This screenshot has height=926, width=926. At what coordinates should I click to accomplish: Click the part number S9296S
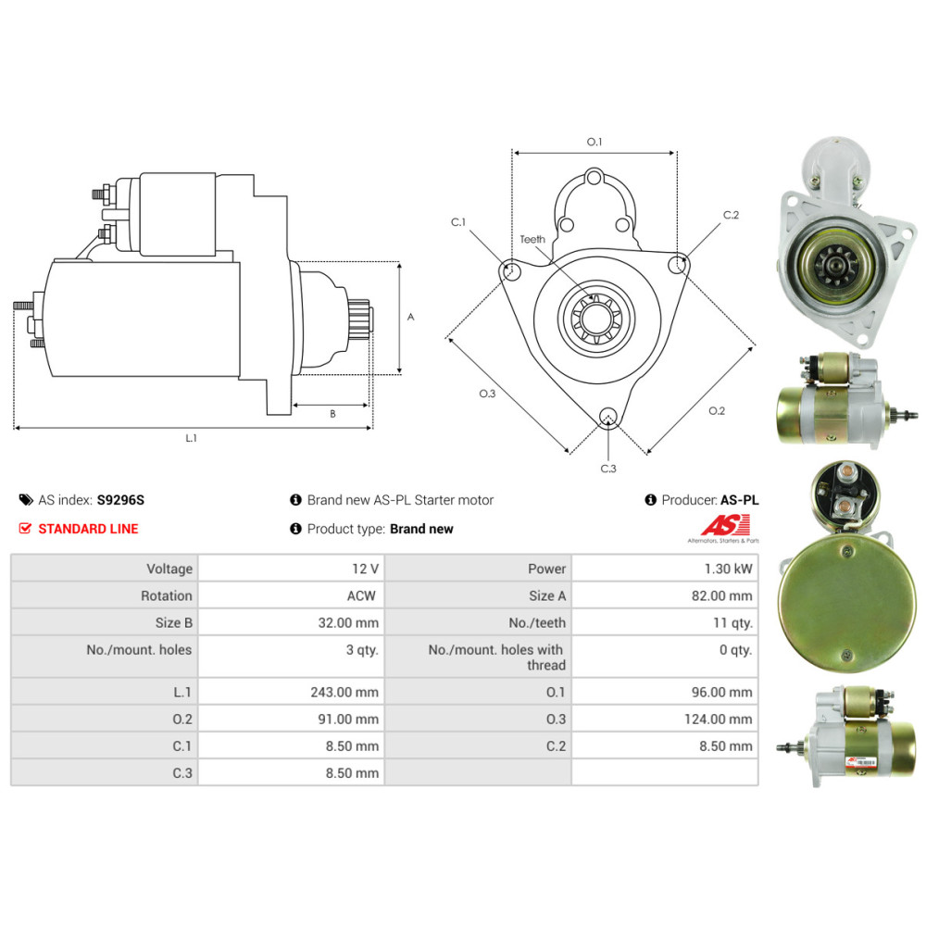coord(120,500)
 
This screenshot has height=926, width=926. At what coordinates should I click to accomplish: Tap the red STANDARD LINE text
coord(88,529)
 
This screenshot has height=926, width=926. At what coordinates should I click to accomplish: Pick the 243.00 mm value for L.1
coord(344,692)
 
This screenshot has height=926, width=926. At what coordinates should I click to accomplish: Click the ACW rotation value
coord(361,595)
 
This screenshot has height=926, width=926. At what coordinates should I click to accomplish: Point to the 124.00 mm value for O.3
coord(719,720)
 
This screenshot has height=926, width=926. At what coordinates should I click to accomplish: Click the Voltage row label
coord(169,569)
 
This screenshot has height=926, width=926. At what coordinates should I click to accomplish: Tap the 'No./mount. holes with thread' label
coord(496,657)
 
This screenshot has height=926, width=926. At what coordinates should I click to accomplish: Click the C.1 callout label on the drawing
coord(458,222)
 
